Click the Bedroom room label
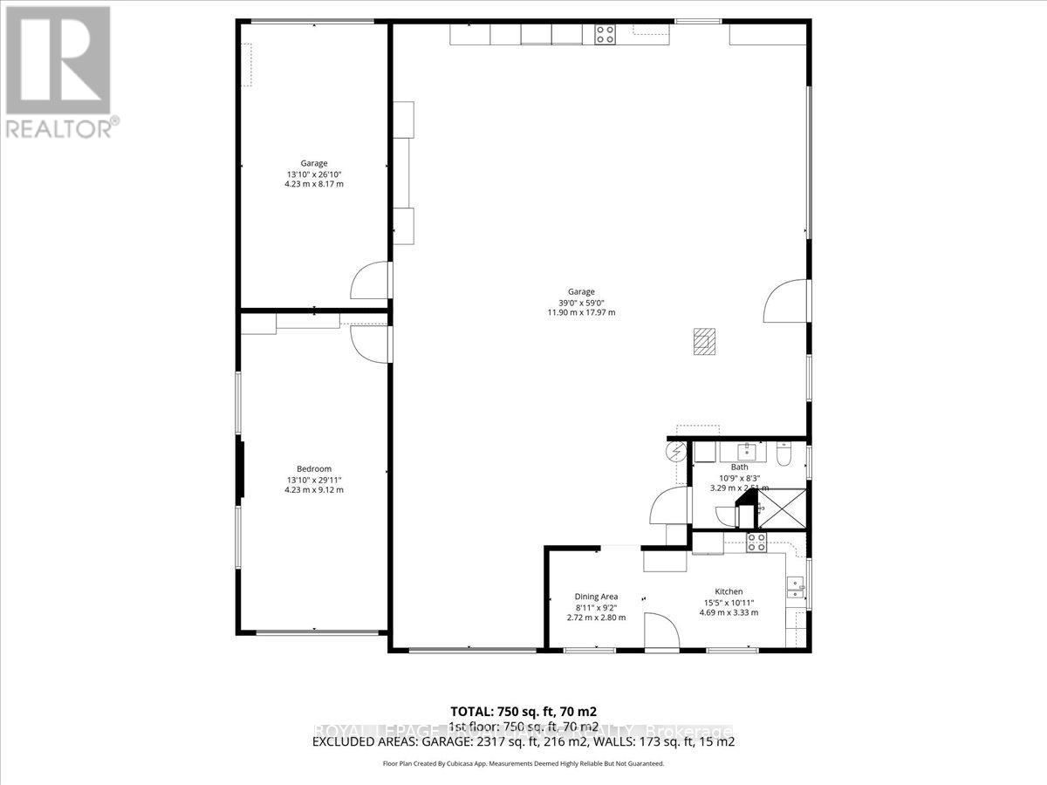[314, 468]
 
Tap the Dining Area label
[596, 597]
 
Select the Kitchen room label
[729, 591]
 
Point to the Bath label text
[739, 468]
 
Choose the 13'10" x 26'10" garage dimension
[314, 174]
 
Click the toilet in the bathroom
[783, 454]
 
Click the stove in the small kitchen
[756, 543]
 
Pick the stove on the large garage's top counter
[605, 34]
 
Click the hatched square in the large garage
[704, 340]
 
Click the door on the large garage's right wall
[784, 302]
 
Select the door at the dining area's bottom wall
[661, 630]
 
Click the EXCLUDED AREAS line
[523, 742]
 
